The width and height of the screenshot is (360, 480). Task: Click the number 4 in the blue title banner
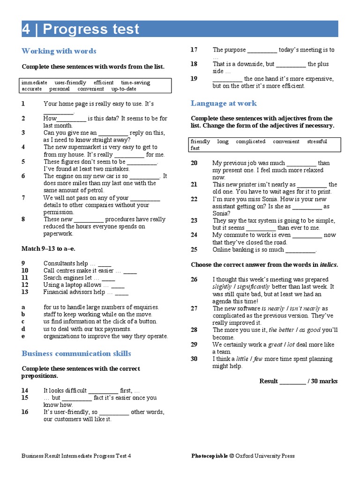point(27,29)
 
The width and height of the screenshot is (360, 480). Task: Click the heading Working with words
point(59,51)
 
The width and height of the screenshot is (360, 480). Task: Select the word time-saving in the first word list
point(135,82)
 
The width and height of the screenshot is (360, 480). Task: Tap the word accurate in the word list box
point(31,89)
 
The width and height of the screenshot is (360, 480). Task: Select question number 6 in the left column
point(23,176)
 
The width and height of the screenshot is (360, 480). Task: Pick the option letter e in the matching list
point(23,336)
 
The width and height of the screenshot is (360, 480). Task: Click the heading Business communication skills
point(76,353)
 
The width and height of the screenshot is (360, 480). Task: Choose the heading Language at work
point(224,103)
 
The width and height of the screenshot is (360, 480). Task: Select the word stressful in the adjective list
point(317,142)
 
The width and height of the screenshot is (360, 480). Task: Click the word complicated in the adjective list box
point(250,142)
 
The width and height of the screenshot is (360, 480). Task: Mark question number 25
point(194,249)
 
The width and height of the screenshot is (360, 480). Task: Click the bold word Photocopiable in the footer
point(210,456)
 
